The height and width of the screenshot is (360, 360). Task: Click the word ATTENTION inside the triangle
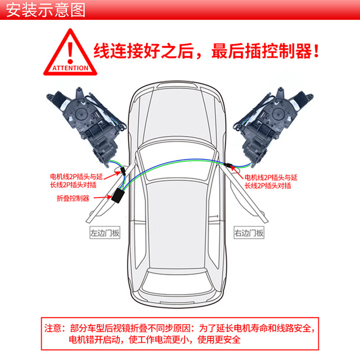coord(70,68)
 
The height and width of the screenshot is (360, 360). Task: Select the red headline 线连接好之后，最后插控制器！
coord(207,50)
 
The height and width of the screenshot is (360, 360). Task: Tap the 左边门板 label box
coord(105,233)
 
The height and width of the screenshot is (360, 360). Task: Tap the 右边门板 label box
coord(249,233)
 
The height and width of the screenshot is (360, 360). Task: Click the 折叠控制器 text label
coord(73,198)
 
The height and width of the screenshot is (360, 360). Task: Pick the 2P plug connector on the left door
coord(122,172)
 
